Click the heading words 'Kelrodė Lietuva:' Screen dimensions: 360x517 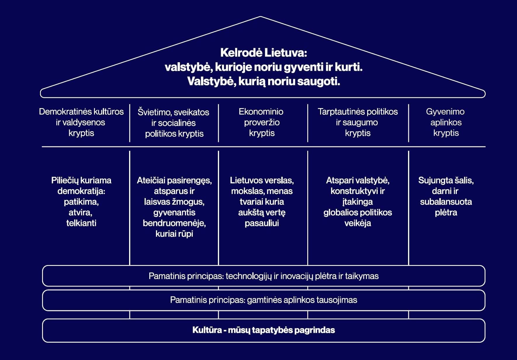pos(263,53)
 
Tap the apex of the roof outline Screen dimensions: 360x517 pos(260,17)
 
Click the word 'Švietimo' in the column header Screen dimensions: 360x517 pos(154,112)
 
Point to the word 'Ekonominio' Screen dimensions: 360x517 pos(261,112)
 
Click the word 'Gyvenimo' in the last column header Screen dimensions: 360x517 pos(445,112)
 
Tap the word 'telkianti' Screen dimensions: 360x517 pos(81,223)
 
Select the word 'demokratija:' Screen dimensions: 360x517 pos(81,191)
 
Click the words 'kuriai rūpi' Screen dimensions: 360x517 pos(174,234)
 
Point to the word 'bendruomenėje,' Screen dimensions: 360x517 pos(174,223)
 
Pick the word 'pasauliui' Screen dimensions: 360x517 pos(262,223)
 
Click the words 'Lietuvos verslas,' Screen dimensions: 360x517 pos(262,180)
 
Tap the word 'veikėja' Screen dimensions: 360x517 pos(358,223)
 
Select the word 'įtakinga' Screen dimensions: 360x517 pos(358,202)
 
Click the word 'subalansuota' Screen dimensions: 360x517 pos(446,202)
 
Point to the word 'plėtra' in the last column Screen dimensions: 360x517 pos(446,213)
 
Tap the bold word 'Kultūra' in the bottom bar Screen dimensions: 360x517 pos(207,330)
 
